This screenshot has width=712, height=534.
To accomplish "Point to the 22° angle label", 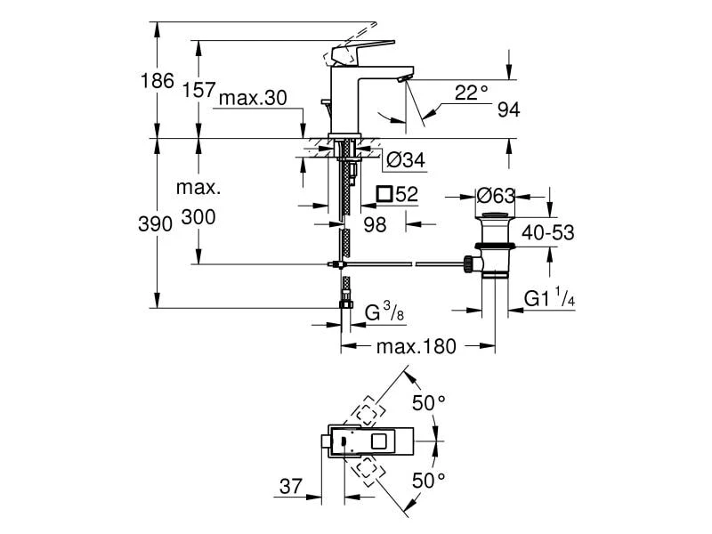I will [472, 92].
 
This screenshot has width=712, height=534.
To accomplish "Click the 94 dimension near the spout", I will [508, 109].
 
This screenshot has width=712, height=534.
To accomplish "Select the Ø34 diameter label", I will [406, 160].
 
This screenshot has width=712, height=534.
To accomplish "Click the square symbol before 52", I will [384, 193].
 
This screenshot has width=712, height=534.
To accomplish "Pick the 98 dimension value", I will [375, 225].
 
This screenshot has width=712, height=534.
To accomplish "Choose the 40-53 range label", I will [547, 233].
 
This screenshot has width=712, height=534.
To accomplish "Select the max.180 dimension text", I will [416, 347].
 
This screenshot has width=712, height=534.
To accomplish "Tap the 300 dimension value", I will [198, 218].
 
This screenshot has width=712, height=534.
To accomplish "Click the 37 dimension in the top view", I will [288, 487].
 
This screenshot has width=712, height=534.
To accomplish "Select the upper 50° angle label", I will [428, 403].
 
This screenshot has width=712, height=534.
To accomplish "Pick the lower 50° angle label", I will [428, 481].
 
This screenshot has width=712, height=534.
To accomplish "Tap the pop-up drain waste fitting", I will [494, 245].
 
